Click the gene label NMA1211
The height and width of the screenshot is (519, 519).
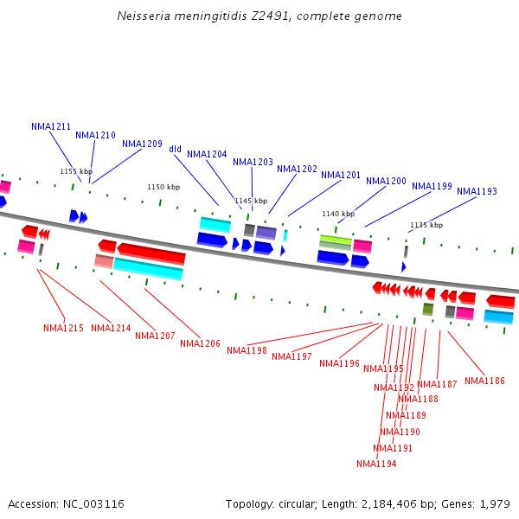coord(51,126)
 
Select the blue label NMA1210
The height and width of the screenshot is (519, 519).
coord(95,135)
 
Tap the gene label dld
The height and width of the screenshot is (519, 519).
coord(176,149)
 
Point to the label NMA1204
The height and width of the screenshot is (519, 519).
coord(207,154)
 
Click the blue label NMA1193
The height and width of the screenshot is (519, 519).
coord(477,191)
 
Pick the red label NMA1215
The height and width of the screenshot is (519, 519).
coord(63,328)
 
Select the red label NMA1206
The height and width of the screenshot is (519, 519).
coord(200,343)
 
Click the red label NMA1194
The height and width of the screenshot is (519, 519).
coord(376,464)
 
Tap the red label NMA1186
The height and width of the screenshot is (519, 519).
coord(484,381)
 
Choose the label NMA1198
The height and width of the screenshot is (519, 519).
coord(247,350)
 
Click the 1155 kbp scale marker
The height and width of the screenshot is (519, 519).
coord(75,171)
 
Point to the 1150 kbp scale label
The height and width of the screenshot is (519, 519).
coord(163,187)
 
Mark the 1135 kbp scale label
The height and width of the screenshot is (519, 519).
coord(426,225)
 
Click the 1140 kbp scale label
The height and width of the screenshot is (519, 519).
coord(338,214)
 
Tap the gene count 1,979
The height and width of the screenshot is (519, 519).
coord(494,503)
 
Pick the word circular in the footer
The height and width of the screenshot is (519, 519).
coord(298,503)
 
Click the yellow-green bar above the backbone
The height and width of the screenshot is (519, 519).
coord(336,239)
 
